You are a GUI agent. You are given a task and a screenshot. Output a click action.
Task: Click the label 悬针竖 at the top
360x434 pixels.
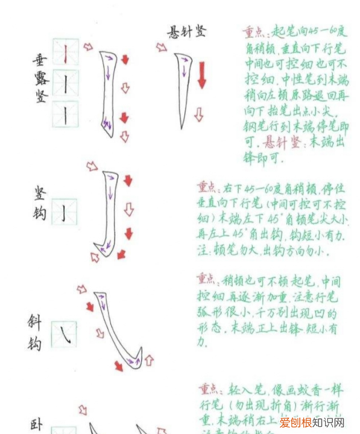[x=186, y=32]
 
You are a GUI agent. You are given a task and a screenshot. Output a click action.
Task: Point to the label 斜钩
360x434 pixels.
[x=36, y=332]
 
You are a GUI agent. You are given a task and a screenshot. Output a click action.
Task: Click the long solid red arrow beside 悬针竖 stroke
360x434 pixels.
[x=201, y=75]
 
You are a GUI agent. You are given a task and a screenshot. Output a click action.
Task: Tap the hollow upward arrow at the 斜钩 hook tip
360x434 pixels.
[x=148, y=360]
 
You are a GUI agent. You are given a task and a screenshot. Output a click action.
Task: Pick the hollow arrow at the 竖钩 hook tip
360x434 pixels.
[x=95, y=257]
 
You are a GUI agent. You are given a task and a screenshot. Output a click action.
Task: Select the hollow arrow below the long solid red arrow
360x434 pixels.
[x=198, y=114]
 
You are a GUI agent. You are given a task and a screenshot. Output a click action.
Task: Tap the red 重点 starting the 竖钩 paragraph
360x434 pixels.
[x=208, y=187]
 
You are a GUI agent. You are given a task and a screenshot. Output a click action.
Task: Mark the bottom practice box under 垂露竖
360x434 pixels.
[x=65, y=114]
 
